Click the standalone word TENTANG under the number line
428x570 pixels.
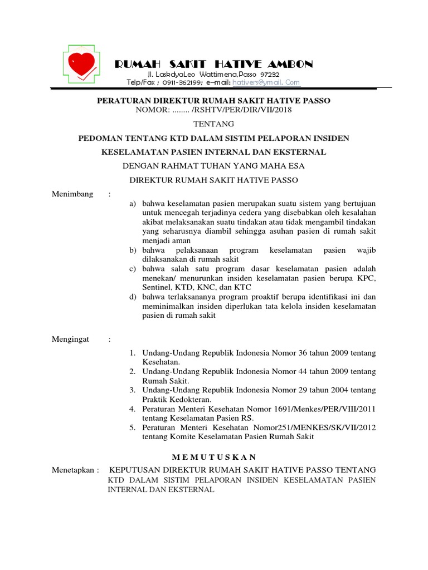(213, 124)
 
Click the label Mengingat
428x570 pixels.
(70, 339)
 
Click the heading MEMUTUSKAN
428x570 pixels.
(213, 456)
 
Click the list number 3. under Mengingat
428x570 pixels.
(133, 390)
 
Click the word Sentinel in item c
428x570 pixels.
(158, 287)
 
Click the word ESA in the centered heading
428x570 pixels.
(295, 165)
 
